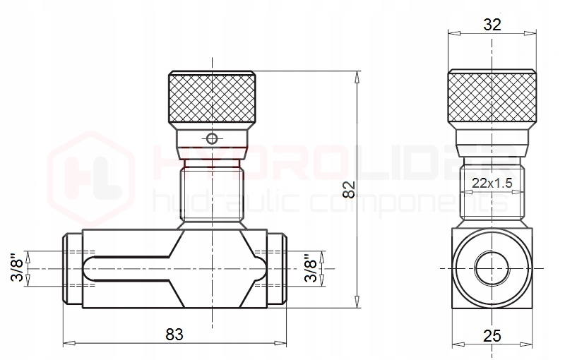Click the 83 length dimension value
point(174,335)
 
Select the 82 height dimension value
point(349,190)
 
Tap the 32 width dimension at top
point(492,25)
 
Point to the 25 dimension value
point(492,336)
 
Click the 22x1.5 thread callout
point(492,184)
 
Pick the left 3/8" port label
point(17,268)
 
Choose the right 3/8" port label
point(311,268)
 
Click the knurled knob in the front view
point(213,97)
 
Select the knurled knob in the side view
point(492,96)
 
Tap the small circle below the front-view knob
point(212,138)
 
